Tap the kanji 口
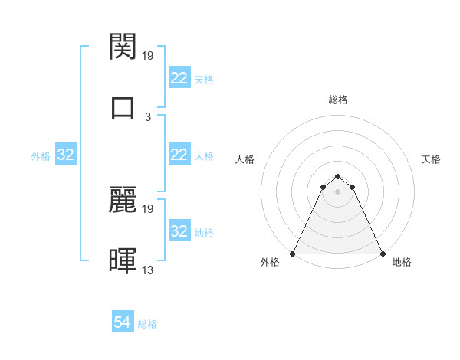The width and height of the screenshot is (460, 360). [x=123, y=106]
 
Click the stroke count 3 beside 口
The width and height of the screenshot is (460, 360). [x=148, y=117]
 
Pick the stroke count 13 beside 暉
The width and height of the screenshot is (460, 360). [x=148, y=270]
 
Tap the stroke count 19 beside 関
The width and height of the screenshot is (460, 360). [x=148, y=56]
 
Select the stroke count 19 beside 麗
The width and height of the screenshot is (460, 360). [x=148, y=208]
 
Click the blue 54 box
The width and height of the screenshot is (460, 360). [x=123, y=323]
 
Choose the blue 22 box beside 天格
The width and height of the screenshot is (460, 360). [x=179, y=78]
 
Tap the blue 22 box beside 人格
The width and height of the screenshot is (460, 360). [x=179, y=155]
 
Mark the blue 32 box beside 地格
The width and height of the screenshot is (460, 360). [x=179, y=231]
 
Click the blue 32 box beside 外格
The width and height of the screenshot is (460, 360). [x=66, y=155]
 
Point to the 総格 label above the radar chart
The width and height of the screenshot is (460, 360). [x=338, y=100]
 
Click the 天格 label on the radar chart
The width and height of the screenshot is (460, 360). [x=432, y=159]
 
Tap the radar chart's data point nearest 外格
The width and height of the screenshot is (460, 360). [x=293, y=254]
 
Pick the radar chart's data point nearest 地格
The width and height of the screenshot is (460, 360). [x=383, y=254]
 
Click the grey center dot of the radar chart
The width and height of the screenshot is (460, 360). [x=338, y=191]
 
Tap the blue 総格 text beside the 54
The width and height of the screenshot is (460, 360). [x=147, y=324]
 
